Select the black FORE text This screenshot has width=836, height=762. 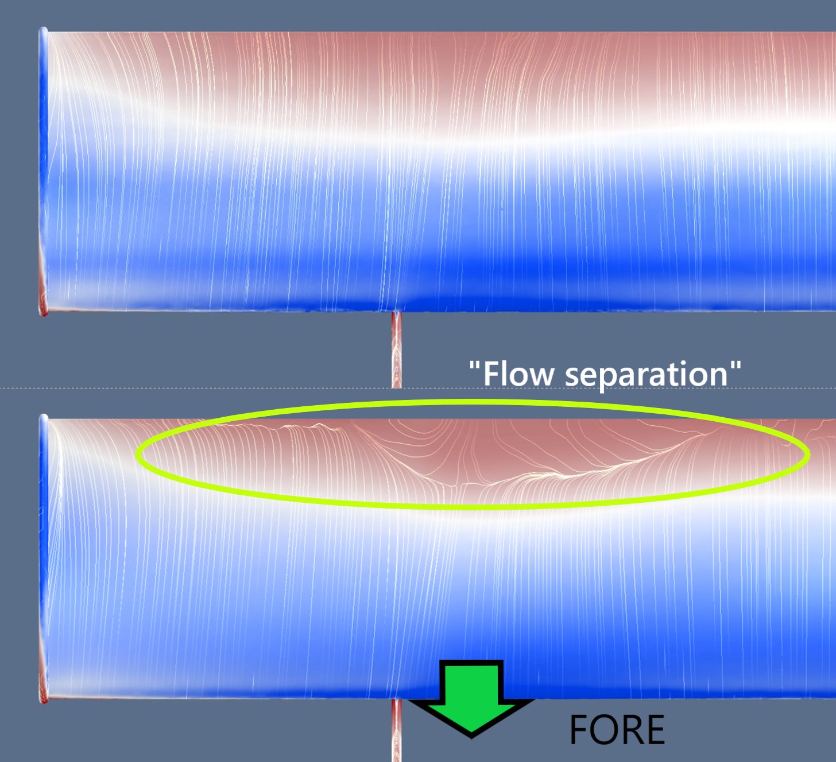click(x=617, y=729)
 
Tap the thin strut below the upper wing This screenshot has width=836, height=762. click(x=396, y=350)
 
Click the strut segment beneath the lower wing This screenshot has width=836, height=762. click(x=396, y=730)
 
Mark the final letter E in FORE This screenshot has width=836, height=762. click(x=655, y=729)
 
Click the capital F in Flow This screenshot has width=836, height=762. click(x=491, y=374)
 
